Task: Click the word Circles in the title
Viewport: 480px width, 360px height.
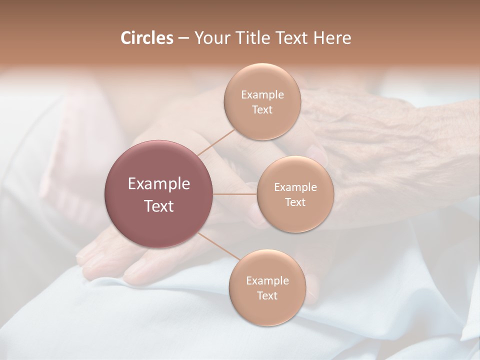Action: point(146,38)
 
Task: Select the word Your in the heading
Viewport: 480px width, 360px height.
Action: point(210,38)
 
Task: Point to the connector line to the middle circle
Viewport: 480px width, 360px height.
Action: point(235,194)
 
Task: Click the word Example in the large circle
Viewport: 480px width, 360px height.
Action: point(159,184)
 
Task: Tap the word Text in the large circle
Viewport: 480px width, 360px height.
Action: point(159,206)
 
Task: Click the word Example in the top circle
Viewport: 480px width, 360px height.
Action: point(262,95)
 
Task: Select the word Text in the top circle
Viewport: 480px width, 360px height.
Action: point(262,110)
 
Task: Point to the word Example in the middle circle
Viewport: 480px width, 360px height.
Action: point(295,187)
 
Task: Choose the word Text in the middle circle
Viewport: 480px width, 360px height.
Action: point(295,202)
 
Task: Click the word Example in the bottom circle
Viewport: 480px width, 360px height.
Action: point(267,281)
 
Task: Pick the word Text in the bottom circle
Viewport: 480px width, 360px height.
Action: point(267,296)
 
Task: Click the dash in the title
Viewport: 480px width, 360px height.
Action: point(183,38)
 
